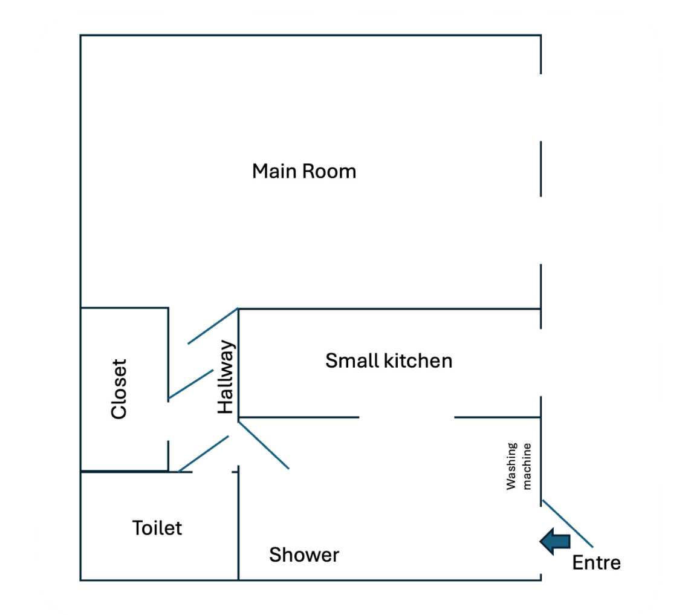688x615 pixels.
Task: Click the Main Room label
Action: tap(304, 171)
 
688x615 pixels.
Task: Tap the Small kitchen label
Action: tap(389, 361)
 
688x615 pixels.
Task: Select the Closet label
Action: tap(119, 389)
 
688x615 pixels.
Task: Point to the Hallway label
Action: tap(226, 377)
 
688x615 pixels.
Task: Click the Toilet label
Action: tap(157, 528)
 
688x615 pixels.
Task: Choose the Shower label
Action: tap(304, 555)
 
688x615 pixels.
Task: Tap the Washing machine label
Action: tap(519, 466)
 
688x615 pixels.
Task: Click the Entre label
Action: tap(597, 563)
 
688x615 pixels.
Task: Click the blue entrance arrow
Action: tap(555, 541)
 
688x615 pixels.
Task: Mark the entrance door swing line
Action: tap(568, 524)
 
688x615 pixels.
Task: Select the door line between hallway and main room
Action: tap(213, 326)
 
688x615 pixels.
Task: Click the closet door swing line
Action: tap(191, 385)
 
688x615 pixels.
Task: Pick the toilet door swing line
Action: tap(204, 454)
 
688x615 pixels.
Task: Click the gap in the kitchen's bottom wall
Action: tap(407, 417)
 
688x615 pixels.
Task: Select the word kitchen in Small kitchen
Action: tap(418, 361)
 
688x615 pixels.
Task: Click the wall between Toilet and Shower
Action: tap(238, 523)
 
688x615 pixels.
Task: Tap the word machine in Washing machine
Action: tap(527, 466)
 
